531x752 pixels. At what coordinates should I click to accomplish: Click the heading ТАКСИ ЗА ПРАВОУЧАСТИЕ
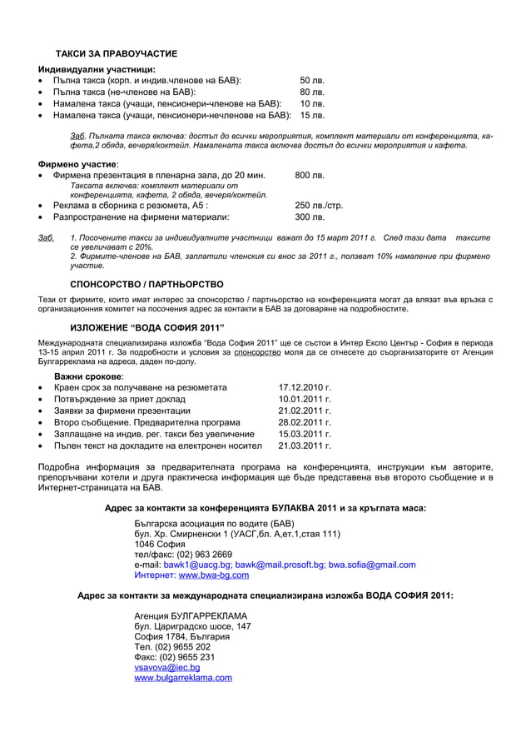116,53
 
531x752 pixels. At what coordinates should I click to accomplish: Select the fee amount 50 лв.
311,80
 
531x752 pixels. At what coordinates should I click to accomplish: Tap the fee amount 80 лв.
311,92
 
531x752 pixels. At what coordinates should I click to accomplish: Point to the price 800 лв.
310,176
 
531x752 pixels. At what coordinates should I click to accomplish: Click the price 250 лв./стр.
319,205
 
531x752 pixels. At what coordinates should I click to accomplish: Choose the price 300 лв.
310,217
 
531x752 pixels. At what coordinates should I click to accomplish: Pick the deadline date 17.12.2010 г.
305,387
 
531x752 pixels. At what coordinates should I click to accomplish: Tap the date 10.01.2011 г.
305,399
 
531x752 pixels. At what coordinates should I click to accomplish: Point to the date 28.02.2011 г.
305,422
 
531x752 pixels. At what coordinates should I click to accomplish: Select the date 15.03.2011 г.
305,434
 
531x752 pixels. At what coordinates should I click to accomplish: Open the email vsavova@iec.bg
166,667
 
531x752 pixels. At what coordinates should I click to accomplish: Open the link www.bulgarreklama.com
183,678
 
